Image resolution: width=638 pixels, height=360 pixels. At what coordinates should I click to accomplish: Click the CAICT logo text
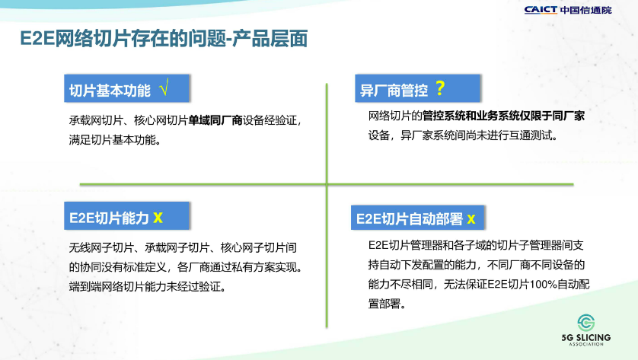tap(541, 10)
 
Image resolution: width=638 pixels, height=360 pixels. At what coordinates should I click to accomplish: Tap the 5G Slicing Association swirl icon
tap(586, 323)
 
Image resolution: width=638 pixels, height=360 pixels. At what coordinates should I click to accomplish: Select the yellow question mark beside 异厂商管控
tap(440, 88)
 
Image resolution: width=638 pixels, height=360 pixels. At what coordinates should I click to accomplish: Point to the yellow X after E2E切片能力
tap(158, 218)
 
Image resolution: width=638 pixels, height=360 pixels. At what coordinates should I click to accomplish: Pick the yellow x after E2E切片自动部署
tap(471, 219)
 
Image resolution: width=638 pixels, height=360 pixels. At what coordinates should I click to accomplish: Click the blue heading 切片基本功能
tap(110, 91)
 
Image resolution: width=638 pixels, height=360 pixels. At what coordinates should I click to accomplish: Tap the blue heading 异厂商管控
tap(394, 91)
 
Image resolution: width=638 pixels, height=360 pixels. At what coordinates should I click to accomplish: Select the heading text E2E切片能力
tap(109, 218)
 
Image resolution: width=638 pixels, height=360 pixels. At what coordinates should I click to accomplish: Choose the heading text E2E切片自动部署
tap(410, 219)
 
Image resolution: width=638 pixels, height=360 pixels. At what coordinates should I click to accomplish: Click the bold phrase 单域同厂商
tap(215, 120)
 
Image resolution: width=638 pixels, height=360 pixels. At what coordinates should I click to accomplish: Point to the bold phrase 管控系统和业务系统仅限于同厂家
tap(503, 116)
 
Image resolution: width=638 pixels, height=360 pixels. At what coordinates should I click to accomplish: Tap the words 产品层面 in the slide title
tap(270, 39)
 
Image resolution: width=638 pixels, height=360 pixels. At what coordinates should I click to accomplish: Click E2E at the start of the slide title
tap(37, 39)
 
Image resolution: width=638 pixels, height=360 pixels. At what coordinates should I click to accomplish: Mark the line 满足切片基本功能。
tap(116, 140)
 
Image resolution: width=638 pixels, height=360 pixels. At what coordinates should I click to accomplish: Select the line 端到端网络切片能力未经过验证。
tap(148, 287)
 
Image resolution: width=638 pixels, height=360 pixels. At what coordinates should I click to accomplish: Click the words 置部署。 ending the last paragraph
tap(388, 304)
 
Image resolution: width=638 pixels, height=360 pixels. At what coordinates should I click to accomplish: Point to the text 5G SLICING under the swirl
tap(586, 338)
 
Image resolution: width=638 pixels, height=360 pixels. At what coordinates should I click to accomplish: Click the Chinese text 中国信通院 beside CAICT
tap(586, 10)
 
